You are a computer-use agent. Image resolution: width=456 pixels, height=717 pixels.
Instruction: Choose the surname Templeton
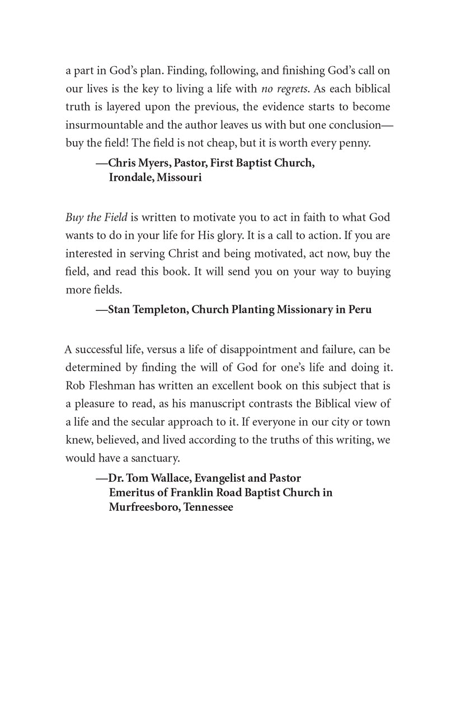pyautogui.click(x=158, y=310)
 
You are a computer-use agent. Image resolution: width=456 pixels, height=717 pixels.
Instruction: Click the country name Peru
pyautogui.click(x=359, y=310)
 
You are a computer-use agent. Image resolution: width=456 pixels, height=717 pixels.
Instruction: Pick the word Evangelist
pyautogui.click(x=219, y=478)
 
